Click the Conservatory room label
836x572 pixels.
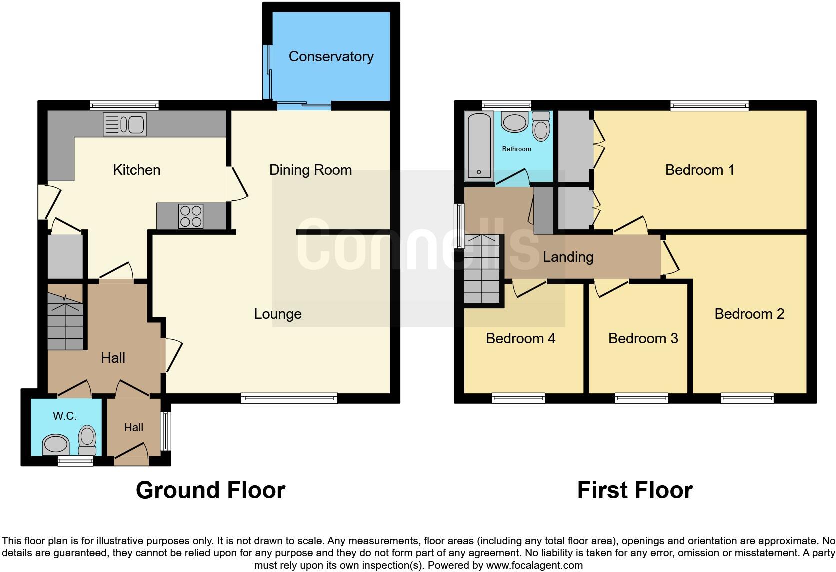coord(331,57)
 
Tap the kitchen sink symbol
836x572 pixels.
coord(125,124)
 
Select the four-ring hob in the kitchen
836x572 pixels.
coord(191,216)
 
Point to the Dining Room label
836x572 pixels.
coord(310,170)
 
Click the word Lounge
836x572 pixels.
coord(278,314)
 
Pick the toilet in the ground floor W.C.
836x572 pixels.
coord(88,440)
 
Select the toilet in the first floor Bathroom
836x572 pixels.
coord(541,126)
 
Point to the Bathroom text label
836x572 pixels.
coord(516,149)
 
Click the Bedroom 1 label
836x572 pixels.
coord(699,170)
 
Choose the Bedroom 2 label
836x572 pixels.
coord(749,314)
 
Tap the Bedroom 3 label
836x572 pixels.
coord(643,339)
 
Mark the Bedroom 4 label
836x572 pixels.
coord(520,339)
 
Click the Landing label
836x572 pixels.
coord(568,257)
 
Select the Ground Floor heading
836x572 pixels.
coord(210,490)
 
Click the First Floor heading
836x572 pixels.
coord(635,490)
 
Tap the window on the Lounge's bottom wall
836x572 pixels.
coord(289,398)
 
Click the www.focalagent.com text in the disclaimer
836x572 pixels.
coord(534,566)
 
